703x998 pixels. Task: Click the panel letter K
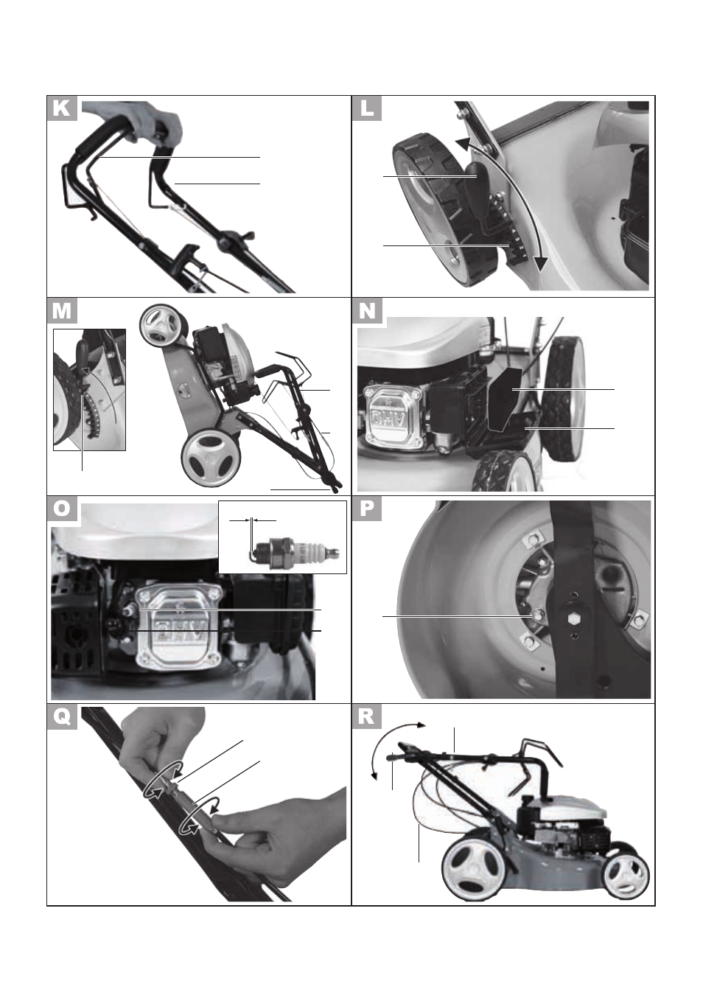click(62, 108)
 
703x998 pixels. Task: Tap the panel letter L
click(367, 108)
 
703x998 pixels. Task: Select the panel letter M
click(62, 310)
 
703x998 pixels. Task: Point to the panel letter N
click(367, 310)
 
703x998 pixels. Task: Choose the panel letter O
click(62, 509)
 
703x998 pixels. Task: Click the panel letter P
click(367, 509)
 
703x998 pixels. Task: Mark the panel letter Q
click(62, 717)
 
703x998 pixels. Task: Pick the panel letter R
click(367, 717)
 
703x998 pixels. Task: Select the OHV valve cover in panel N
click(393, 416)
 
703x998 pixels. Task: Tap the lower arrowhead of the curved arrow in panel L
click(540, 263)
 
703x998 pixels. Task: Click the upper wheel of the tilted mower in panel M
click(163, 327)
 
